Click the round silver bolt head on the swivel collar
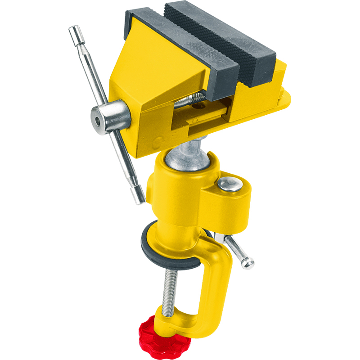tap(229, 184)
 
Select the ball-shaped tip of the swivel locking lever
tap(248, 263)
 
